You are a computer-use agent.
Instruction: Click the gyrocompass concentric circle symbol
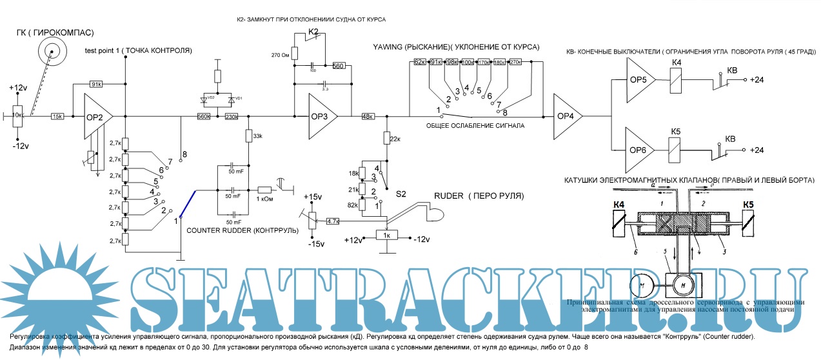pyautogui.click(x=52, y=50)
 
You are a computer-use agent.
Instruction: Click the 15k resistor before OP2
pyautogui.click(x=57, y=117)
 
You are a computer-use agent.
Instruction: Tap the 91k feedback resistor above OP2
pyautogui.click(x=97, y=83)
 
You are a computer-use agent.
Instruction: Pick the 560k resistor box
pyautogui.click(x=204, y=117)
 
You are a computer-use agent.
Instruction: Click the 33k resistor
pyautogui.click(x=247, y=137)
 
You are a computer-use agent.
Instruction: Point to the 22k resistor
pyautogui.click(x=387, y=137)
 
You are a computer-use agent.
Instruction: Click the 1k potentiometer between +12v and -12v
pyautogui.click(x=386, y=235)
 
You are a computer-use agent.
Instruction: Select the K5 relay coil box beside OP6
pyautogui.click(x=677, y=150)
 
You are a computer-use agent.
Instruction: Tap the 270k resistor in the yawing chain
pyautogui.click(x=515, y=63)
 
